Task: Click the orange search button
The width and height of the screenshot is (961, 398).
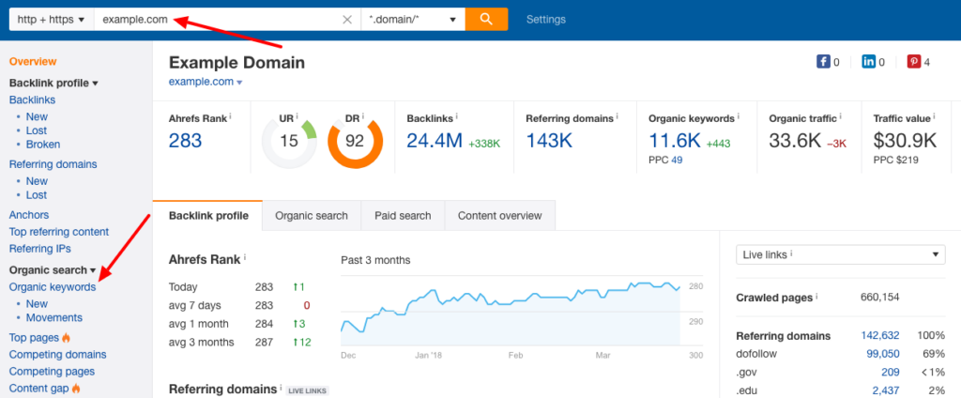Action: [486, 19]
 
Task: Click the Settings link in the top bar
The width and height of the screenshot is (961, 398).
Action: [545, 20]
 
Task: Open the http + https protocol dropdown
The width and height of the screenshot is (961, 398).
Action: [51, 20]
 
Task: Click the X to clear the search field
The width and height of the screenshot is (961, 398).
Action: [347, 20]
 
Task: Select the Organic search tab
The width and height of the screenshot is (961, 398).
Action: [311, 216]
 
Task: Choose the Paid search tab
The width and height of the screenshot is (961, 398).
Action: [403, 216]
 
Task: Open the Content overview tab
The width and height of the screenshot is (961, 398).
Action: [499, 216]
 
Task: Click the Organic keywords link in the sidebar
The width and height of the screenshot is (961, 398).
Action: [53, 287]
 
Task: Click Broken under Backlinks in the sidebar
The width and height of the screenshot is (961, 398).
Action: [43, 145]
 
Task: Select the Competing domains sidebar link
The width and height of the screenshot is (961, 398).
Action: [57, 355]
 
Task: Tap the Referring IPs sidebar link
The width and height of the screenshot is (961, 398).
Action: [39, 249]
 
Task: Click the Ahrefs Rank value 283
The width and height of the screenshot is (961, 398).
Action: [186, 141]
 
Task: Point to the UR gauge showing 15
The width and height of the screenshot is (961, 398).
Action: [289, 142]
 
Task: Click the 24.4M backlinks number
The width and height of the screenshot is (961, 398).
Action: [433, 141]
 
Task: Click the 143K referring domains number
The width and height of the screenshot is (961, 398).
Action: [550, 141]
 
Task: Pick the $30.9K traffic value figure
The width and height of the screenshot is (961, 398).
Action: [905, 141]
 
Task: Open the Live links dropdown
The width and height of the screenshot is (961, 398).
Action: [841, 254]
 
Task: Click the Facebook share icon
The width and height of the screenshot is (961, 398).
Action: [824, 63]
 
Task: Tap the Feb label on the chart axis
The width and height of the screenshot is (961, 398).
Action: [516, 357]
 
